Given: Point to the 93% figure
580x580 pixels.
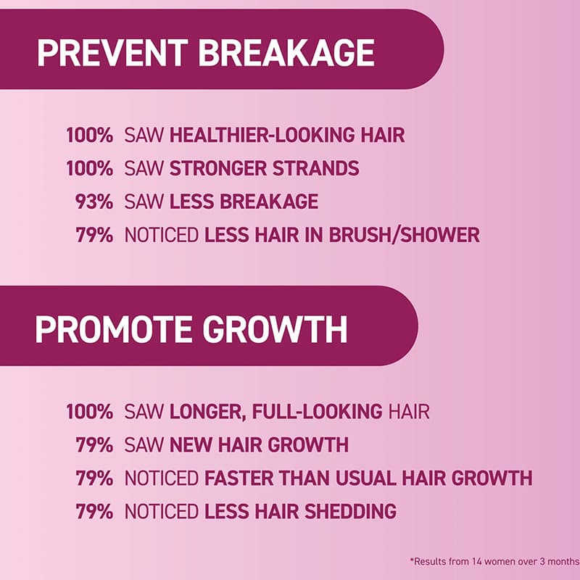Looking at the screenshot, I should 94,202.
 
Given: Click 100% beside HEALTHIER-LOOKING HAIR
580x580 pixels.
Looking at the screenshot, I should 89,135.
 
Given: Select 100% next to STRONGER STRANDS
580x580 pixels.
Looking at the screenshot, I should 89,168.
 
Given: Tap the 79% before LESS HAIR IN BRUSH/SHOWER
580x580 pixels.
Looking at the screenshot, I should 94,235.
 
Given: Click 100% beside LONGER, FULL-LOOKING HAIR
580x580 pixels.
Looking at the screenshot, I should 89,412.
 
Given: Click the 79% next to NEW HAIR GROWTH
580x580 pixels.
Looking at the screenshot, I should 94,444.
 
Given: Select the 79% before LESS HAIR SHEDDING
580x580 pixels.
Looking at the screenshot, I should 94,511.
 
